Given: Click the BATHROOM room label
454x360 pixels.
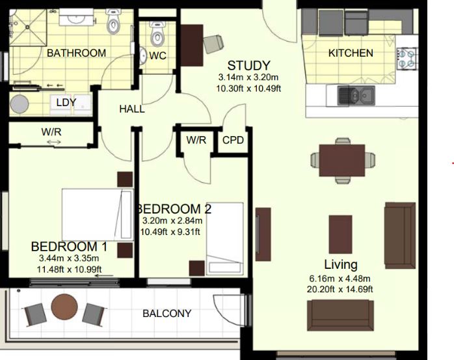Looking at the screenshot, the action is pos(77,53).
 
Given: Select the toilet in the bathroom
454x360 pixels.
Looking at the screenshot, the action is pos(113,21).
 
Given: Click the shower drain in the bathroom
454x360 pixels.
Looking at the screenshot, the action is pos(27,27).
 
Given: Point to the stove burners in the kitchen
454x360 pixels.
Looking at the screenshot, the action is pos(407,58).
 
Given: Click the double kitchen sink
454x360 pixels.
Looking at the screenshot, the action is pos(356,95).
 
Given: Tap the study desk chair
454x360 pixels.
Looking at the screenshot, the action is pos(213,44).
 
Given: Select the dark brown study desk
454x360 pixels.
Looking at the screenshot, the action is pos(192,45).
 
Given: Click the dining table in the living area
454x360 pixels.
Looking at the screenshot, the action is pos(342,160).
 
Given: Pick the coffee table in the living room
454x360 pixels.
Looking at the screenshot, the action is pos(341,234).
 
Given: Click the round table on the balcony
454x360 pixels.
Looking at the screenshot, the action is pos(64,307).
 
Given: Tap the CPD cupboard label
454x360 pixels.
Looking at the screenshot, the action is pos(233,141).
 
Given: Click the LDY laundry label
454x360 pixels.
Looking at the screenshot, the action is pos(66,102).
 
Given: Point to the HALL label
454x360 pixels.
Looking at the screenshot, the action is pos(132,109).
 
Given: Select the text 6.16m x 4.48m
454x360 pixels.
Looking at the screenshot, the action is pos(340,279).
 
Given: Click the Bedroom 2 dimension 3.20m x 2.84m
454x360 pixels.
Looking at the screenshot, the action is pos(172,221).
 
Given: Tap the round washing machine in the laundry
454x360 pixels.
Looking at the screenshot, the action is pos(20,104).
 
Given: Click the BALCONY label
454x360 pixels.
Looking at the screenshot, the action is pos(167,314).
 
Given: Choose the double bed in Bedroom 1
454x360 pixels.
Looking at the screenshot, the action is pos(98,214).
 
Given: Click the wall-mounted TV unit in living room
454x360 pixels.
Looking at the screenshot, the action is pos(263,234).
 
